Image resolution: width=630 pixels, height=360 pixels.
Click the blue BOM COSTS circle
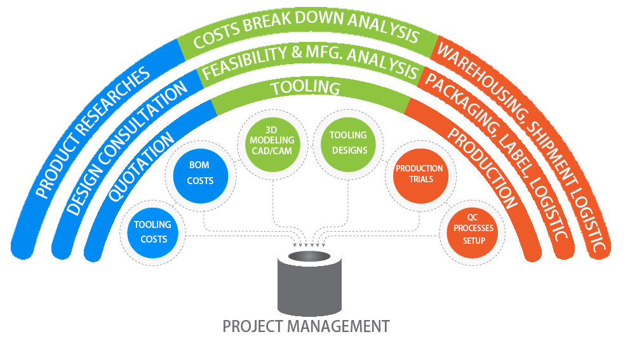click(201, 173)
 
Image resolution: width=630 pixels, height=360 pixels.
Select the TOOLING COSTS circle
click(152, 232)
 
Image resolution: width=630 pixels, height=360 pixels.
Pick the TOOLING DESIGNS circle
click(348, 143)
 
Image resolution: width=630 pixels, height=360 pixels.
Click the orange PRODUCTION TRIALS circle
click(419, 173)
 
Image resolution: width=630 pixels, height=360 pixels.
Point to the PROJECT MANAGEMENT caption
click(305, 326)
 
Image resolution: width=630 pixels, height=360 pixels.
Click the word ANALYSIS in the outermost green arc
click(382, 29)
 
